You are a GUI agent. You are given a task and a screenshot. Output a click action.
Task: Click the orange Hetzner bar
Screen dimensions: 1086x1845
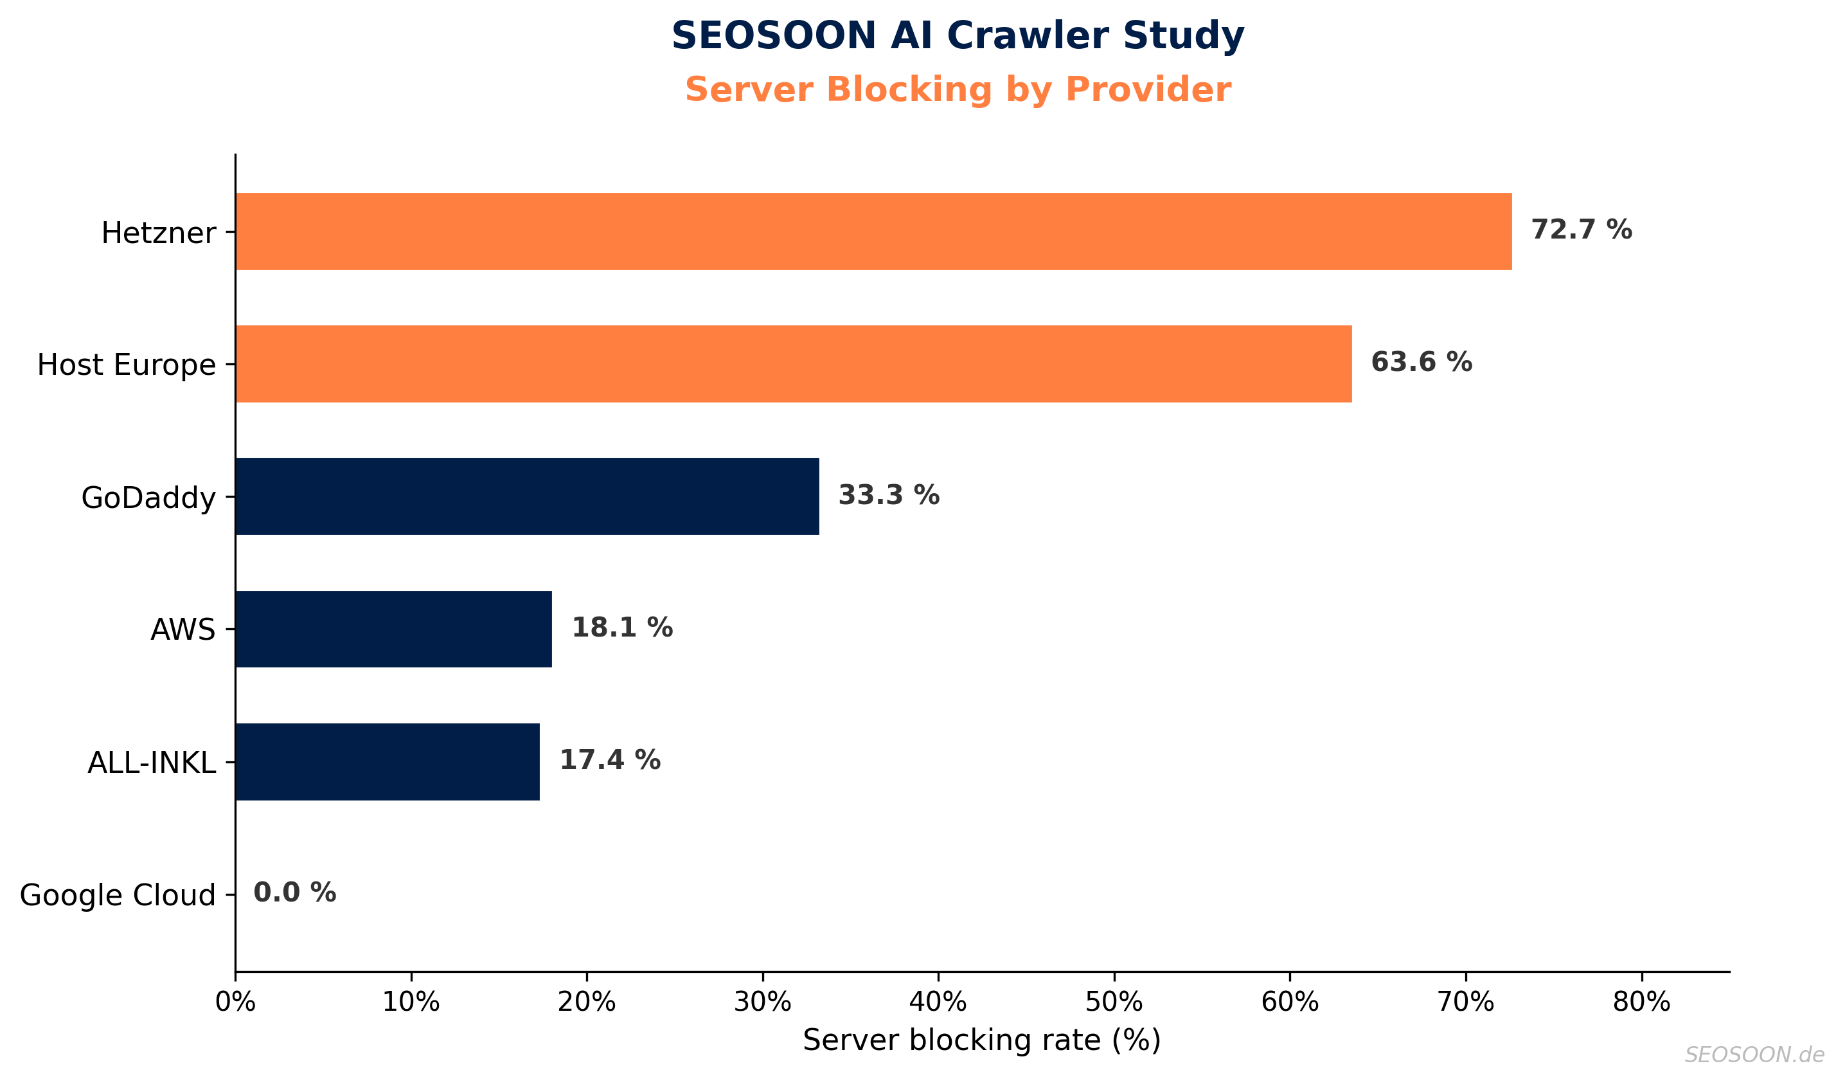(873, 231)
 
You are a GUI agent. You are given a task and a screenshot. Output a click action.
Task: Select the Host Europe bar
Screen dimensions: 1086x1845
(794, 364)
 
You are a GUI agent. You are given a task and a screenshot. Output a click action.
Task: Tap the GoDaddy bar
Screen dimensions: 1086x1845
(527, 496)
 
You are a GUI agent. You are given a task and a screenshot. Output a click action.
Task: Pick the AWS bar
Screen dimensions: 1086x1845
(393, 629)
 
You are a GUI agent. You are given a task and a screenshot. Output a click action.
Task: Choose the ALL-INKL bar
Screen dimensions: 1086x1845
(388, 761)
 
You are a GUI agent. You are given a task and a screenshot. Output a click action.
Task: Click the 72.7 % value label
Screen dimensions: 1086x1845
(1582, 230)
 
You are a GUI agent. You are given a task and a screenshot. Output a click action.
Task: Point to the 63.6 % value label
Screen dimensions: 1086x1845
(1421, 363)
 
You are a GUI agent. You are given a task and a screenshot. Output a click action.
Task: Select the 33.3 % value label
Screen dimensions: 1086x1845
(889, 496)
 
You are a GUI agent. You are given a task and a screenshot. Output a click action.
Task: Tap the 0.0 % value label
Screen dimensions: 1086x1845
(294, 892)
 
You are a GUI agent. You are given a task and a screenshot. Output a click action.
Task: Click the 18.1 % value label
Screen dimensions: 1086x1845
(621, 628)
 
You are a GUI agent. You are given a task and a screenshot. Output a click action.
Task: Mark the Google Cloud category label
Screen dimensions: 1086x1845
(117, 896)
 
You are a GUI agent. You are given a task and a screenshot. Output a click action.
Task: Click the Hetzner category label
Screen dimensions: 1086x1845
(158, 233)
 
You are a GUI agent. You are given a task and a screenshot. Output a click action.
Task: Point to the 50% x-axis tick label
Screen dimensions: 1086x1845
(1114, 1002)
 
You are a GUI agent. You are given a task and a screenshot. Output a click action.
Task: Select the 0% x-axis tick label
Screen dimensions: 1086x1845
(235, 1002)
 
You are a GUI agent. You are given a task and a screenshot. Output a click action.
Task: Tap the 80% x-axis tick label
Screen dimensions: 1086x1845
(1641, 1002)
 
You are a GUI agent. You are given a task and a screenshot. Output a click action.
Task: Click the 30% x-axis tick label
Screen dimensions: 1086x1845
(762, 1002)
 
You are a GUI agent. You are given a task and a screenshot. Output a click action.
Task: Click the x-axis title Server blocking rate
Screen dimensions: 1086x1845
(982, 1040)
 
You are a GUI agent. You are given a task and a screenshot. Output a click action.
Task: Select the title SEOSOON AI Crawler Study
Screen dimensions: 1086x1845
(958, 36)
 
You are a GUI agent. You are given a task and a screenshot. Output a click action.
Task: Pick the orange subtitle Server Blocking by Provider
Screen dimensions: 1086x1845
(958, 90)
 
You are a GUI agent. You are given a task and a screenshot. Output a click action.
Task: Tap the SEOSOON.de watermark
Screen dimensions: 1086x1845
(1754, 1054)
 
